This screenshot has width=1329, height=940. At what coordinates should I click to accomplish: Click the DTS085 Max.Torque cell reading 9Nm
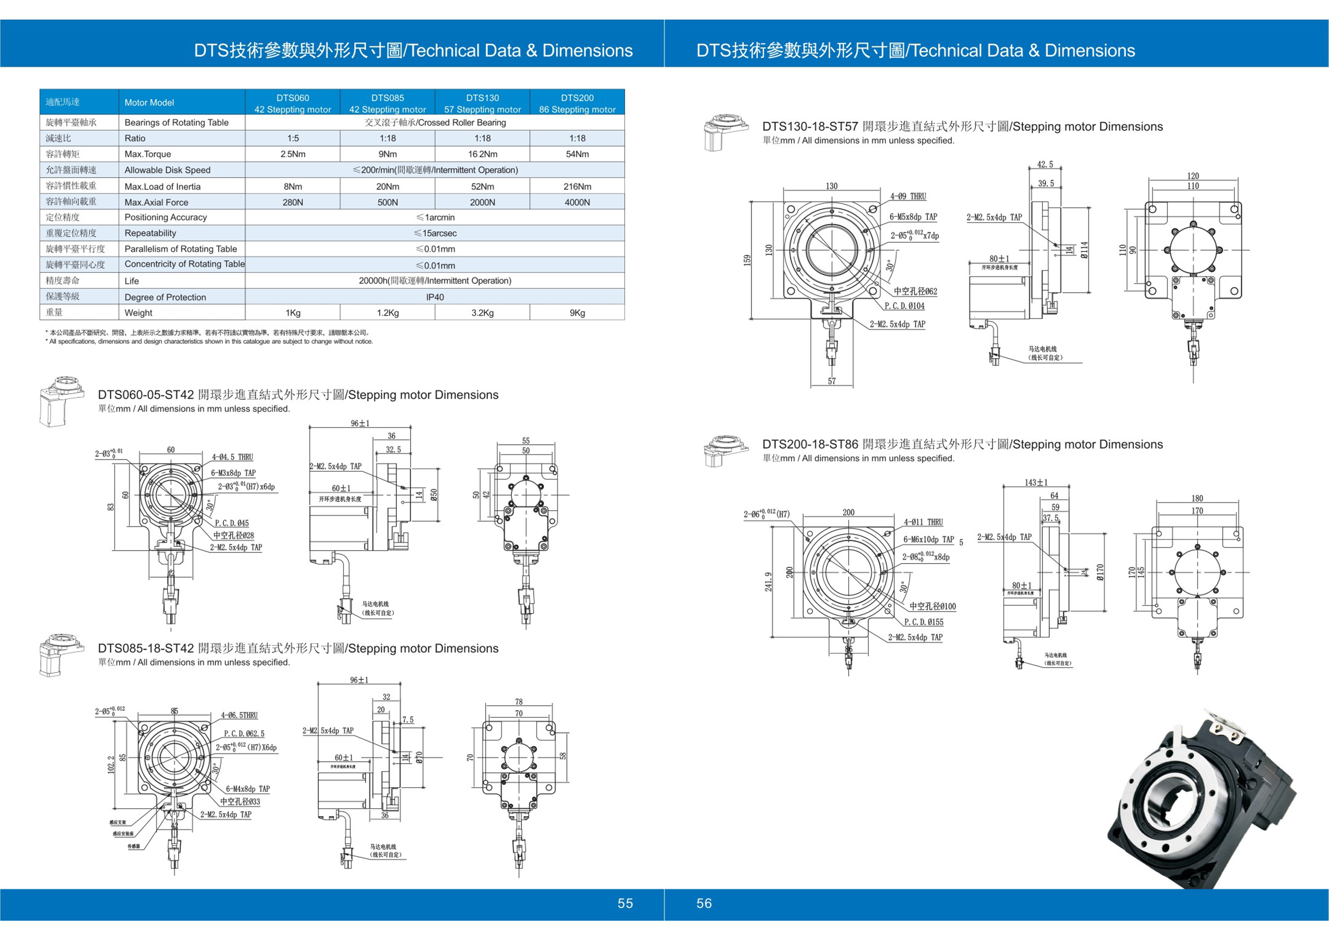click(387, 154)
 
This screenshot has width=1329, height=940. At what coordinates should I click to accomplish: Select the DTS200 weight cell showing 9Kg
click(577, 313)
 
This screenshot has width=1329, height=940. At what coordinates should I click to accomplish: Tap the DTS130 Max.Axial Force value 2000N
click(482, 202)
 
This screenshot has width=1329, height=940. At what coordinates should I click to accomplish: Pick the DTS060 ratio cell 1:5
click(293, 138)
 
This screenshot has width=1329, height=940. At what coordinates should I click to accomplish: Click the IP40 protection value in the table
click(435, 297)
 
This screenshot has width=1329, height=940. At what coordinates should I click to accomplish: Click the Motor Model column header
click(149, 102)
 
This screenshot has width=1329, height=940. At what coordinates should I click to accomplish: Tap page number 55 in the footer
click(625, 903)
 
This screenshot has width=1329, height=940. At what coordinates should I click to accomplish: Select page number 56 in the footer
click(704, 903)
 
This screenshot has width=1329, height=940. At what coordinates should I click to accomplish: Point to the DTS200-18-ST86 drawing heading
click(962, 444)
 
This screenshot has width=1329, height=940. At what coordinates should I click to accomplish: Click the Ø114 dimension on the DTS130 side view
click(1084, 250)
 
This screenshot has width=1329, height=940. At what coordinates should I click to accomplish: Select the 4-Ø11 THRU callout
click(923, 522)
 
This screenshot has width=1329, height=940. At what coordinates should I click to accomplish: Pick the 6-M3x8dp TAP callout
click(233, 473)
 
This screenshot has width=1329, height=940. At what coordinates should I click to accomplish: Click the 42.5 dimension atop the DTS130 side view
click(1045, 164)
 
